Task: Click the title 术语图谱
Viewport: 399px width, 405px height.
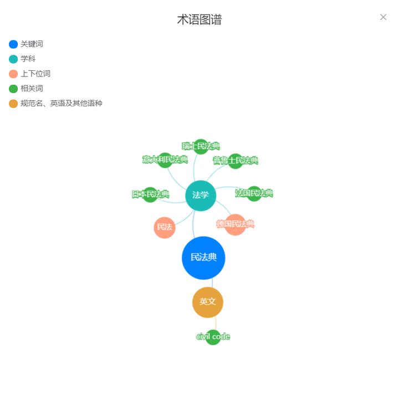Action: (199, 20)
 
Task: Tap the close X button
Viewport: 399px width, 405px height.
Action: (383, 17)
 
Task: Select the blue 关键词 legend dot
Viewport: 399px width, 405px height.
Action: (13, 44)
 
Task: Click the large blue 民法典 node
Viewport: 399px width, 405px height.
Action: (203, 258)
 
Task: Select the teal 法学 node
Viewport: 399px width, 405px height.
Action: (201, 195)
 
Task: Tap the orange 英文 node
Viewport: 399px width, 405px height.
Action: (208, 302)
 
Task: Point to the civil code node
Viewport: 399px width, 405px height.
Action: (213, 337)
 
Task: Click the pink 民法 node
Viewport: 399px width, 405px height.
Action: (165, 227)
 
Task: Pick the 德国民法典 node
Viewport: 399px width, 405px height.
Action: (236, 224)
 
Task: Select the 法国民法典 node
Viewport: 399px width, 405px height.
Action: (254, 193)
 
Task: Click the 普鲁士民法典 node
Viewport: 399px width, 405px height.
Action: (236, 161)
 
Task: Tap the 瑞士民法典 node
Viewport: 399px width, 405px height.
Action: (201, 146)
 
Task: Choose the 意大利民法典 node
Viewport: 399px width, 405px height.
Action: (165, 160)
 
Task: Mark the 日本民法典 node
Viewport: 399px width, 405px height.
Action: (150, 194)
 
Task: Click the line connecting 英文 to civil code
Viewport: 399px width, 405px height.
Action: (216, 324)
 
